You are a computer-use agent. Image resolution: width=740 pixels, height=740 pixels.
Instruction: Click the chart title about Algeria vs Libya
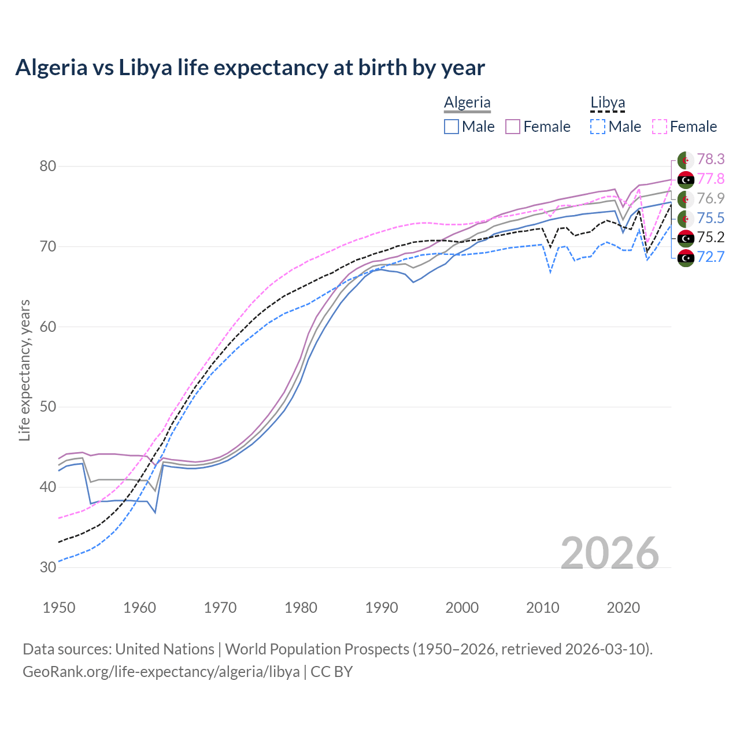click(250, 68)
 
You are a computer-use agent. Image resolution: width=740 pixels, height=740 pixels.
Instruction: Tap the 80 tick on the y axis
click(47, 166)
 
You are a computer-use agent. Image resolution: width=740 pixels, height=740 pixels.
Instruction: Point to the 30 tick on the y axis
click(47, 567)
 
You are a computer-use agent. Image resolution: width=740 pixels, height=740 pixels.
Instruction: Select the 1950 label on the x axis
click(59, 608)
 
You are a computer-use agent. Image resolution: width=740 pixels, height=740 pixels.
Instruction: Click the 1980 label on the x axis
click(301, 608)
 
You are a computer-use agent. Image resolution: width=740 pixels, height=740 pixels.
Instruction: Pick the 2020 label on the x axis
click(623, 608)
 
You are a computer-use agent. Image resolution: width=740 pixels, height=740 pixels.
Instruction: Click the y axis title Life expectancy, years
click(24, 370)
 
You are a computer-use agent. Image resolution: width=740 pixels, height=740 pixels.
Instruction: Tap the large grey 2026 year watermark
click(609, 553)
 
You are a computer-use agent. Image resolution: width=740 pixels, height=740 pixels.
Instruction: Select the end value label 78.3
click(711, 159)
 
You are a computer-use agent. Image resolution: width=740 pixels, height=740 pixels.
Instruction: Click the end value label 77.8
click(711, 179)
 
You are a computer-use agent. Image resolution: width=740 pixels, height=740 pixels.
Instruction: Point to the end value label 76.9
click(711, 198)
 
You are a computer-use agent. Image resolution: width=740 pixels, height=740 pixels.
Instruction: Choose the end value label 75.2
click(711, 237)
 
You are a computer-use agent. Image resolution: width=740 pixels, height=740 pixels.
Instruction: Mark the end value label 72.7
click(711, 257)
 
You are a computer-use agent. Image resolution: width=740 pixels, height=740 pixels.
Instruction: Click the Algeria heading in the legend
click(467, 102)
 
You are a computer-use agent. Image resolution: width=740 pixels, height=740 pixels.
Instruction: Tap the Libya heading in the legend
click(608, 102)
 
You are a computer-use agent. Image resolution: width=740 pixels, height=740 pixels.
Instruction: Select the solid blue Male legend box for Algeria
click(452, 127)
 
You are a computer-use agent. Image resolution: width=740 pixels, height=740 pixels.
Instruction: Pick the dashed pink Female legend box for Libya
click(660, 127)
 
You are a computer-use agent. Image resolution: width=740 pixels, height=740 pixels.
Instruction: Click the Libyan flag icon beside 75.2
click(686, 238)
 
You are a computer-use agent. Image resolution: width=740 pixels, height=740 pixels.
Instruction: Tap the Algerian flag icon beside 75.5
click(686, 219)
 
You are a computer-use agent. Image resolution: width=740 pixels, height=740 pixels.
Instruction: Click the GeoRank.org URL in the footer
click(161, 672)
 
